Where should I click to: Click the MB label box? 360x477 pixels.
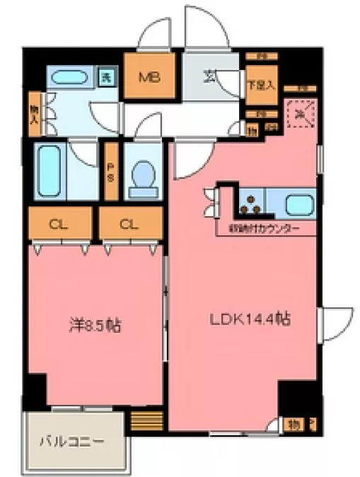click(149, 76)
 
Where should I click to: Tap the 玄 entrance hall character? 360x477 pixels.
click(211, 74)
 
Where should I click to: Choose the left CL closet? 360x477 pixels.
click(59, 225)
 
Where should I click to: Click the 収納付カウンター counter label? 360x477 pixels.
click(263, 230)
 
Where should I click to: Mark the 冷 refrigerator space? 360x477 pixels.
click(300, 114)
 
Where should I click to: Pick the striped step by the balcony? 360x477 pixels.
click(147, 423)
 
